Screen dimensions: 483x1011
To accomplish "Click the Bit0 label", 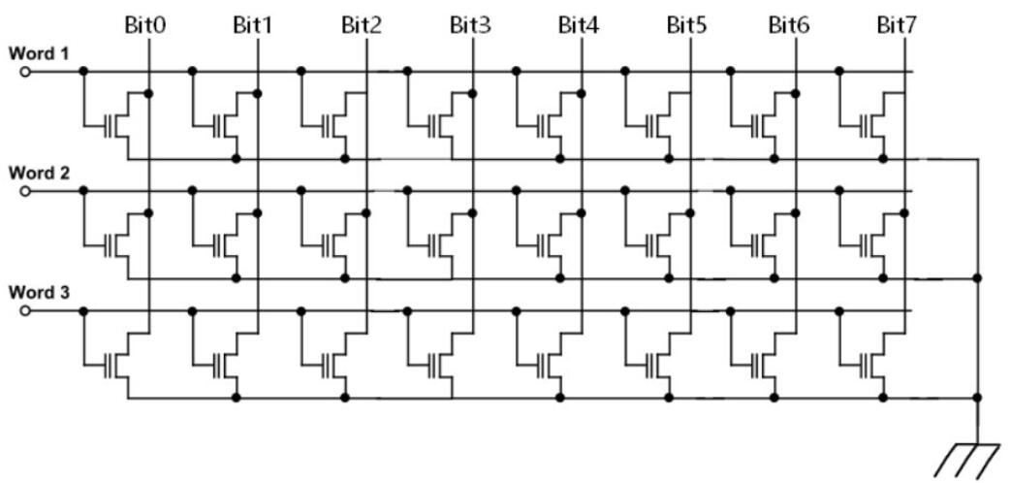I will coord(145,24).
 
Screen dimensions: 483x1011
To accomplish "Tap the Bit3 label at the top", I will coord(471,24).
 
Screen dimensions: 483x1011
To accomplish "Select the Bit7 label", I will coord(896,24).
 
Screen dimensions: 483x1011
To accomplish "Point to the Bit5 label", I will coord(686,24).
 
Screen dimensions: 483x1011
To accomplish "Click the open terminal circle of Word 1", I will coord(25,71).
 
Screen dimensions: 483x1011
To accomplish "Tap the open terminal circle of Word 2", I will coord(25,190).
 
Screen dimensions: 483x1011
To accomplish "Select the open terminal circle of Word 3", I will coord(25,310).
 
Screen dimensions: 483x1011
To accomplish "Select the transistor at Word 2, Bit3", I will coord(445,243).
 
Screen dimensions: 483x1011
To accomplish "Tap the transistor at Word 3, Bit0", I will coord(119,364).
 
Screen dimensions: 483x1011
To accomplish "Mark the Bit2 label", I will coord(361,24).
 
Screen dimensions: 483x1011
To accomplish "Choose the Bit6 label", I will coord(789,24).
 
